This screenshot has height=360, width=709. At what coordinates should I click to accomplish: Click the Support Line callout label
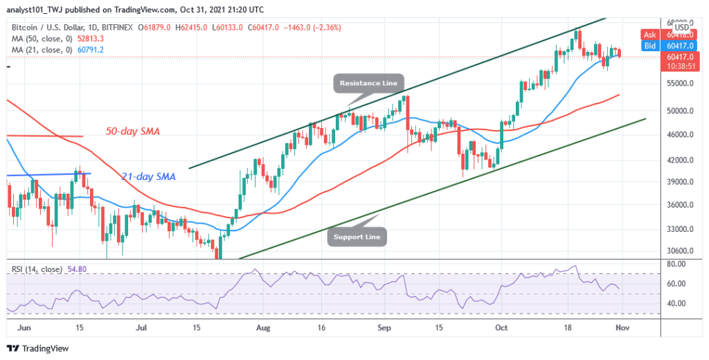pyautogui.click(x=357, y=237)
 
